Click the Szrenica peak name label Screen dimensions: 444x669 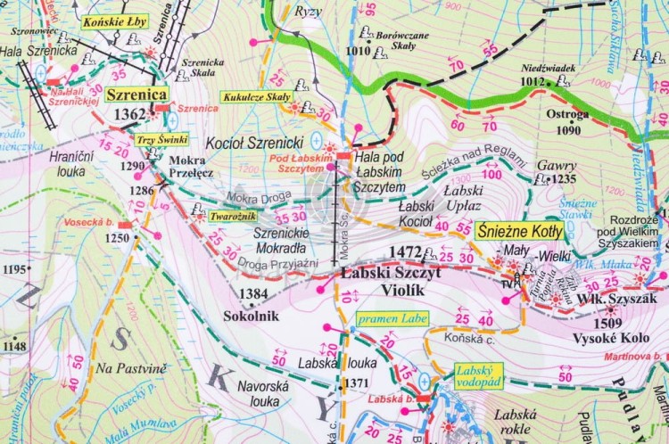tap(136, 94)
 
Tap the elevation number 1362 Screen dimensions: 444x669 tap(129, 113)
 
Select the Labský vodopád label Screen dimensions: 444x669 tap(477, 375)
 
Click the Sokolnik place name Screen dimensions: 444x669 tap(252, 316)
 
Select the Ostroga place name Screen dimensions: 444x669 tap(568, 114)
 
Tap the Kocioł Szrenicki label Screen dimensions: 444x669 tap(244, 142)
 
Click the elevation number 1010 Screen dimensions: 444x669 tap(357, 51)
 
